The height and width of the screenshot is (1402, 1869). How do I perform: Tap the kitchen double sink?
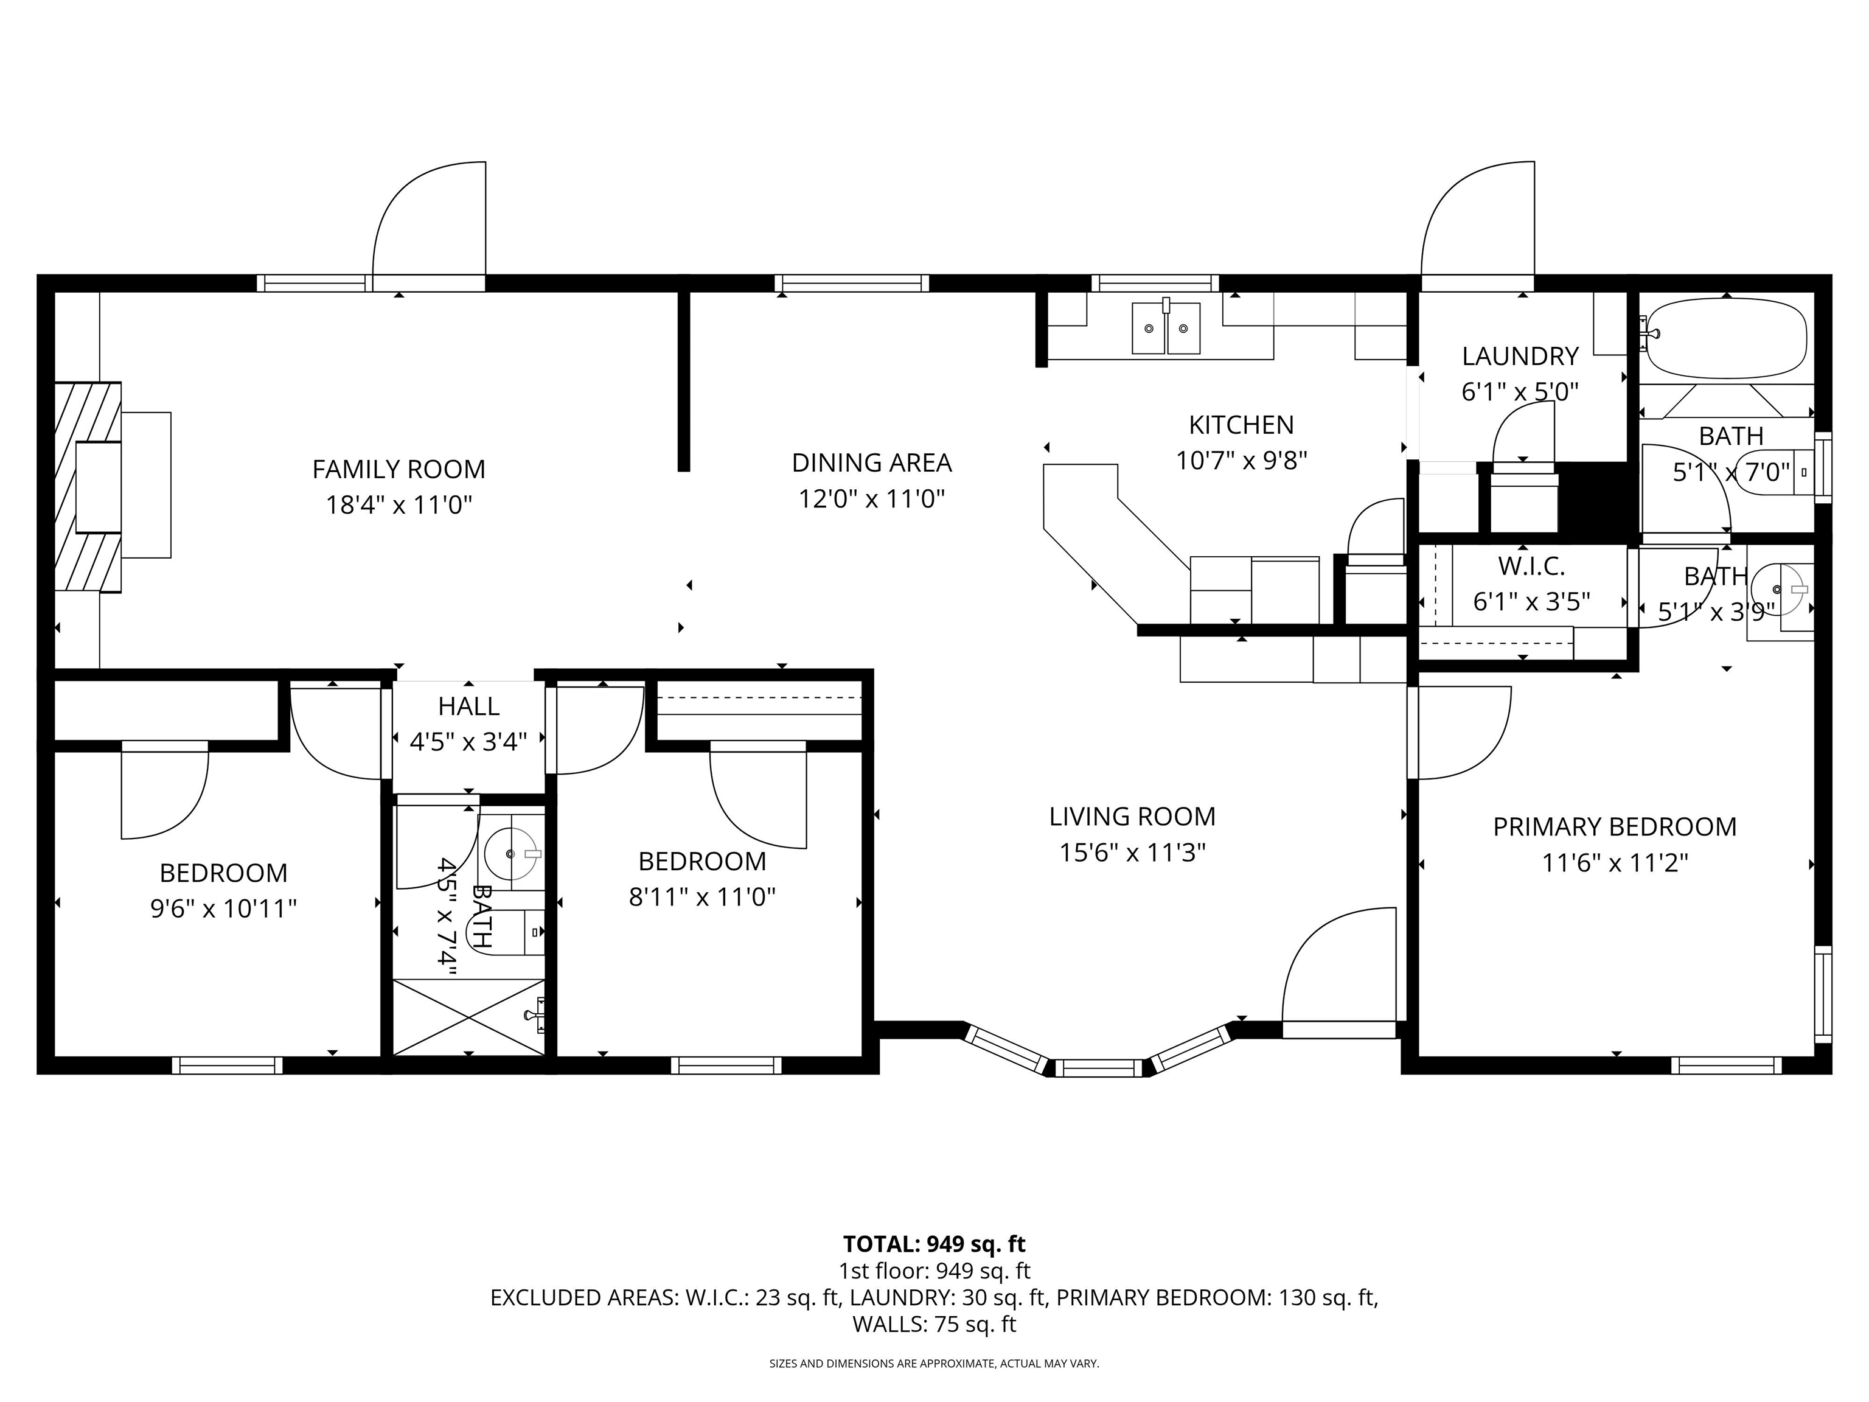tap(1166, 329)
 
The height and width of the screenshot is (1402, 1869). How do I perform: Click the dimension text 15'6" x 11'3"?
tap(1132, 853)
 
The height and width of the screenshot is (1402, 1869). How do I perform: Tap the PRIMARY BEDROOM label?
tap(1614, 826)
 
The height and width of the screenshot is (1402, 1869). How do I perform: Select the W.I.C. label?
tap(1531, 565)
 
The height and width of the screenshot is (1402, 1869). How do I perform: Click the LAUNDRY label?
tap(1519, 357)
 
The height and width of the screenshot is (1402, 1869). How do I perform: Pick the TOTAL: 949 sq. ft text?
tap(934, 1244)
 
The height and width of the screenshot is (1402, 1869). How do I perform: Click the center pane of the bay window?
tap(1098, 1067)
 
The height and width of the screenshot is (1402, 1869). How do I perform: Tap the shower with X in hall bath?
tap(469, 1017)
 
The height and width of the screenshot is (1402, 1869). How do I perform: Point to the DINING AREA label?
tap(871, 463)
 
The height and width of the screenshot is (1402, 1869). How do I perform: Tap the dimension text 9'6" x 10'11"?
tap(223, 909)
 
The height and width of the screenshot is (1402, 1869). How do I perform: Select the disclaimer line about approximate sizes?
tap(934, 1363)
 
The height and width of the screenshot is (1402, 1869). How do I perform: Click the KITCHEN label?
tap(1241, 424)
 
